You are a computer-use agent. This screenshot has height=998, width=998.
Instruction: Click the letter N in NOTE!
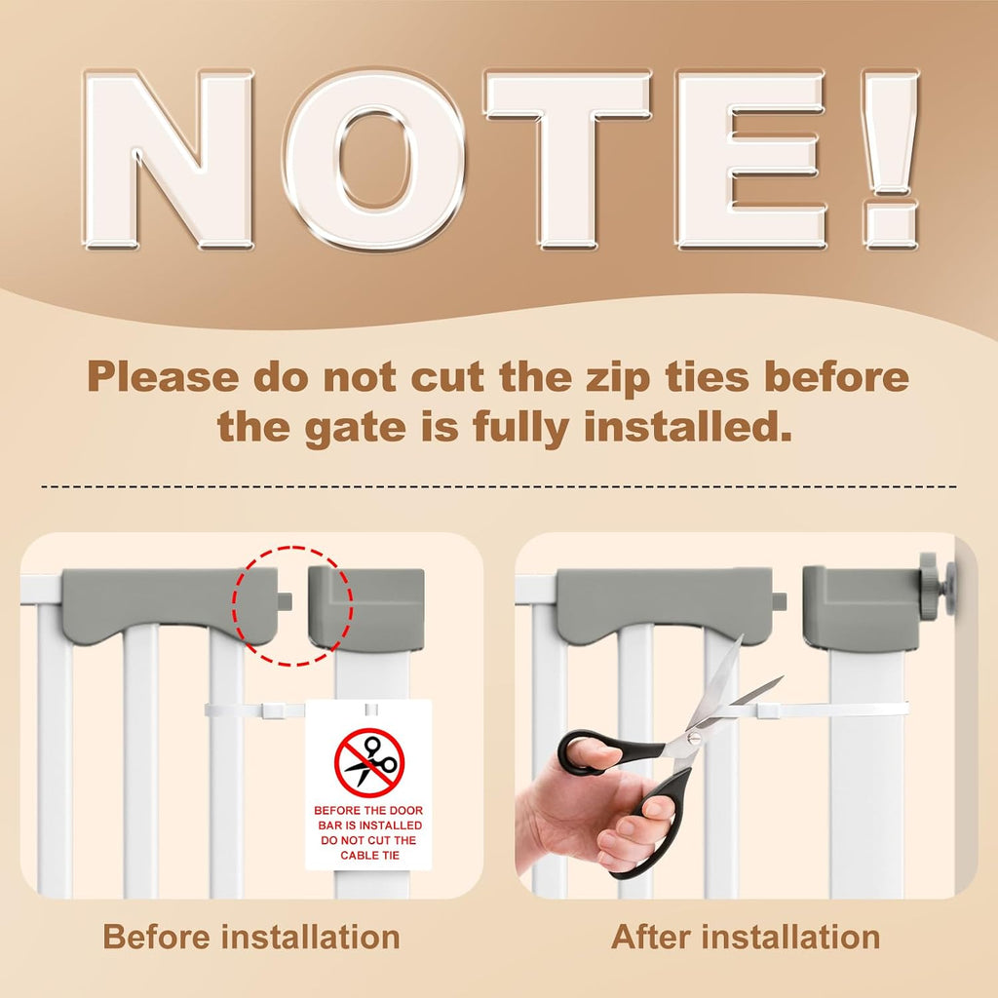pos(168,159)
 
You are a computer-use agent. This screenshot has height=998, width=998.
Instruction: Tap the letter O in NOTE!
pos(374,159)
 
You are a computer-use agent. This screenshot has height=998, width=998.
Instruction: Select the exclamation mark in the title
pos(891,159)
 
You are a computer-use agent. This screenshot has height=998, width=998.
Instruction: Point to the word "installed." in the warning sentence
pos(688,427)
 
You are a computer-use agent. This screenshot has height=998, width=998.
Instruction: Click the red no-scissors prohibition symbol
pos(369,762)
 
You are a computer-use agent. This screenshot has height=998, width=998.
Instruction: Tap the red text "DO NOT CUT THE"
pos(368,840)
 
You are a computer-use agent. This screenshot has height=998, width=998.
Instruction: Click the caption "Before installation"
pos(251,937)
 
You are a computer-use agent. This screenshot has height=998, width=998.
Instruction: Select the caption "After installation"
pos(746,937)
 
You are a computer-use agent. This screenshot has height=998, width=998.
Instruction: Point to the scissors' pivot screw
pos(693,739)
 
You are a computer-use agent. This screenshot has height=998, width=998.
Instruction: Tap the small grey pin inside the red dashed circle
pos(286,600)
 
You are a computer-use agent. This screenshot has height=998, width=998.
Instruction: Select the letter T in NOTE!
pos(568,159)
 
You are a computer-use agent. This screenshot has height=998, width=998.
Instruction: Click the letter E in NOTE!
pos(751,159)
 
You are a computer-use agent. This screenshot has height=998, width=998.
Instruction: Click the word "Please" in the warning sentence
pos(163,377)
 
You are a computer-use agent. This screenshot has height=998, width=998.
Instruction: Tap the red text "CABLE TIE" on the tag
pos(369,856)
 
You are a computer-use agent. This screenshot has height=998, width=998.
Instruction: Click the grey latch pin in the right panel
pos(780,600)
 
